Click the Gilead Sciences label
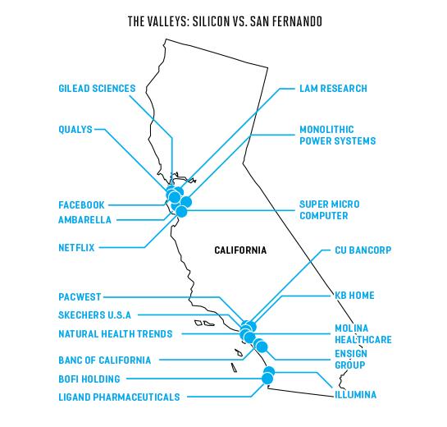coord(97,89)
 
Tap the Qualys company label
coord(75,130)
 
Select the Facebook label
coord(81,205)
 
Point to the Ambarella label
coord(84,220)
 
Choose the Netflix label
coord(76,247)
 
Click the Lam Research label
coord(333,89)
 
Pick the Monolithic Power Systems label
coord(338,135)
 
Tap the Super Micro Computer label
coord(330,210)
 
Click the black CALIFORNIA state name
coord(240,250)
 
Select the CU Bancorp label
coord(363,250)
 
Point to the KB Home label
coord(354,296)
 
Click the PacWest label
coord(80,296)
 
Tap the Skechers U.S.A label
coord(94,315)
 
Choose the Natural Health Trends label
coord(116,334)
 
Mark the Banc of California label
coord(105,360)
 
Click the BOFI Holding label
coord(89,379)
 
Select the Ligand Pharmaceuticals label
coord(119,397)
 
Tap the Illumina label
coord(355,395)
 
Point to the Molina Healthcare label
coord(363,334)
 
